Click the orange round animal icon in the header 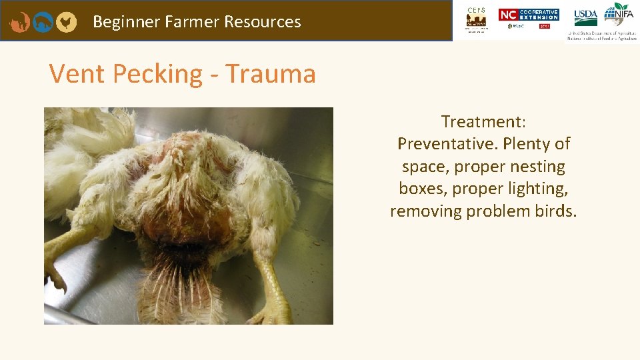click(x=19, y=22)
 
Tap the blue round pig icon click(x=43, y=22)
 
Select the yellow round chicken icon click(x=66, y=22)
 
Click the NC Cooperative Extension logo click(x=529, y=15)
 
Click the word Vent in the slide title click(x=77, y=73)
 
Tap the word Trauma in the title click(x=270, y=73)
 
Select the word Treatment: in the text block click(x=484, y=122)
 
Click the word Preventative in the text click(x=446, y=144)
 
